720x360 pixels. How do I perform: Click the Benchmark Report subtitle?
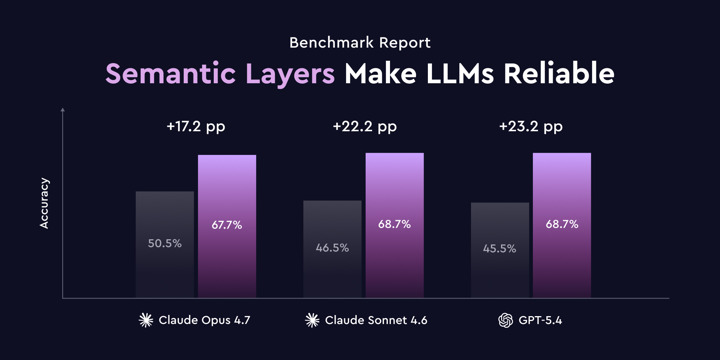tap(359, 43)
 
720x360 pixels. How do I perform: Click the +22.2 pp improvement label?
tap(364, 127)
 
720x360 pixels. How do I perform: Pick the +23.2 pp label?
tap(531, 127)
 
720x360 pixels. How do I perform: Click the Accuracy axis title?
tap(44, 204)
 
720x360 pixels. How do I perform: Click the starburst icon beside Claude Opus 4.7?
tap(147, 321)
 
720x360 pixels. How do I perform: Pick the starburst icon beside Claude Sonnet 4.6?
tap(313, 321)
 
